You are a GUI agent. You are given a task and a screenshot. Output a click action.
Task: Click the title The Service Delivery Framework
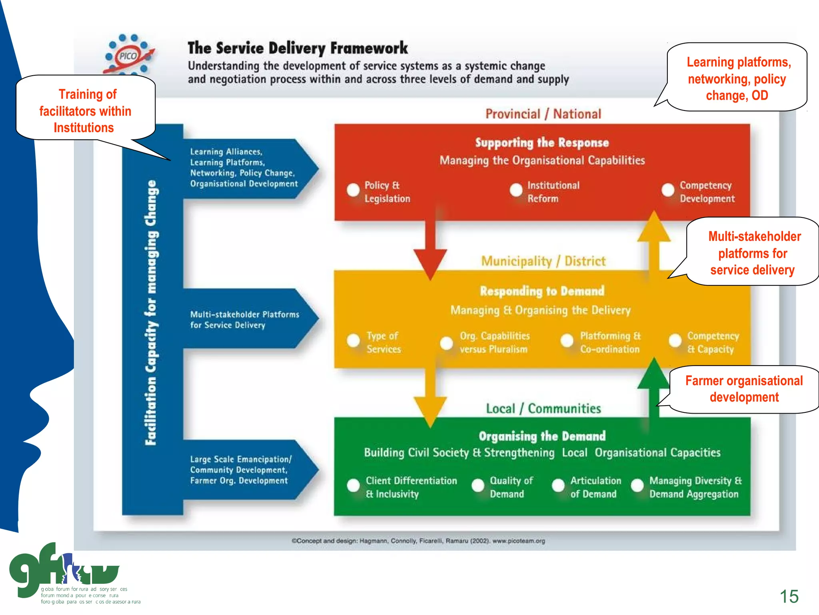point(298,48)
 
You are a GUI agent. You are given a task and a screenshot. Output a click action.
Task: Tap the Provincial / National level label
point(543,114)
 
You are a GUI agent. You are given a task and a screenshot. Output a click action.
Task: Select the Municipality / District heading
point(543,261)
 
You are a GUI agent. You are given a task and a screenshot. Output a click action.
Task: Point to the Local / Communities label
point(543,409)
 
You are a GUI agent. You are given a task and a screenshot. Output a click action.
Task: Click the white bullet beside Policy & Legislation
point(353,190)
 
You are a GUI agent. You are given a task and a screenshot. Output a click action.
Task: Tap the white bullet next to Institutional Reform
point(516,190)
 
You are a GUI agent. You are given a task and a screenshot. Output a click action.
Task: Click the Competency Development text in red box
point(707,192)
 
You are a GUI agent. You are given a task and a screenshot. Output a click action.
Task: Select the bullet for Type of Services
point(354,341)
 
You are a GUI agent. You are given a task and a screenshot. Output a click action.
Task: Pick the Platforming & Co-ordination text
point(610,342)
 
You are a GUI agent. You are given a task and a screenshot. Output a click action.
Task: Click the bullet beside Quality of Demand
point(478,486)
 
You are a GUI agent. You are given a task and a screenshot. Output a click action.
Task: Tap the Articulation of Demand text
point(595,487)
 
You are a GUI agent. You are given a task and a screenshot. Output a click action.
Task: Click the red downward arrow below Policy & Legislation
point(430,256)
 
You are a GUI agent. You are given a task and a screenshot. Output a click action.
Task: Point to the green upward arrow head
point(653,374)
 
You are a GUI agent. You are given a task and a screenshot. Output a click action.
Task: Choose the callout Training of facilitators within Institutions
point(85,111)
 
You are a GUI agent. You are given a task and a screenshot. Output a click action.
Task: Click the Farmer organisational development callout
point(744,389)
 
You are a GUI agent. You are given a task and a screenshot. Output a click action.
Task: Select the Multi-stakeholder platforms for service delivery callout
point(753,253)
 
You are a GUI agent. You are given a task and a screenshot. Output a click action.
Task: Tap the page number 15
point(789,597)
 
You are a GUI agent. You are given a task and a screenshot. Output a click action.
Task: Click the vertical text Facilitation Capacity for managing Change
point(151,312)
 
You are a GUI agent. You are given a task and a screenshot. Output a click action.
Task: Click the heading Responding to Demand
point(542,291)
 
